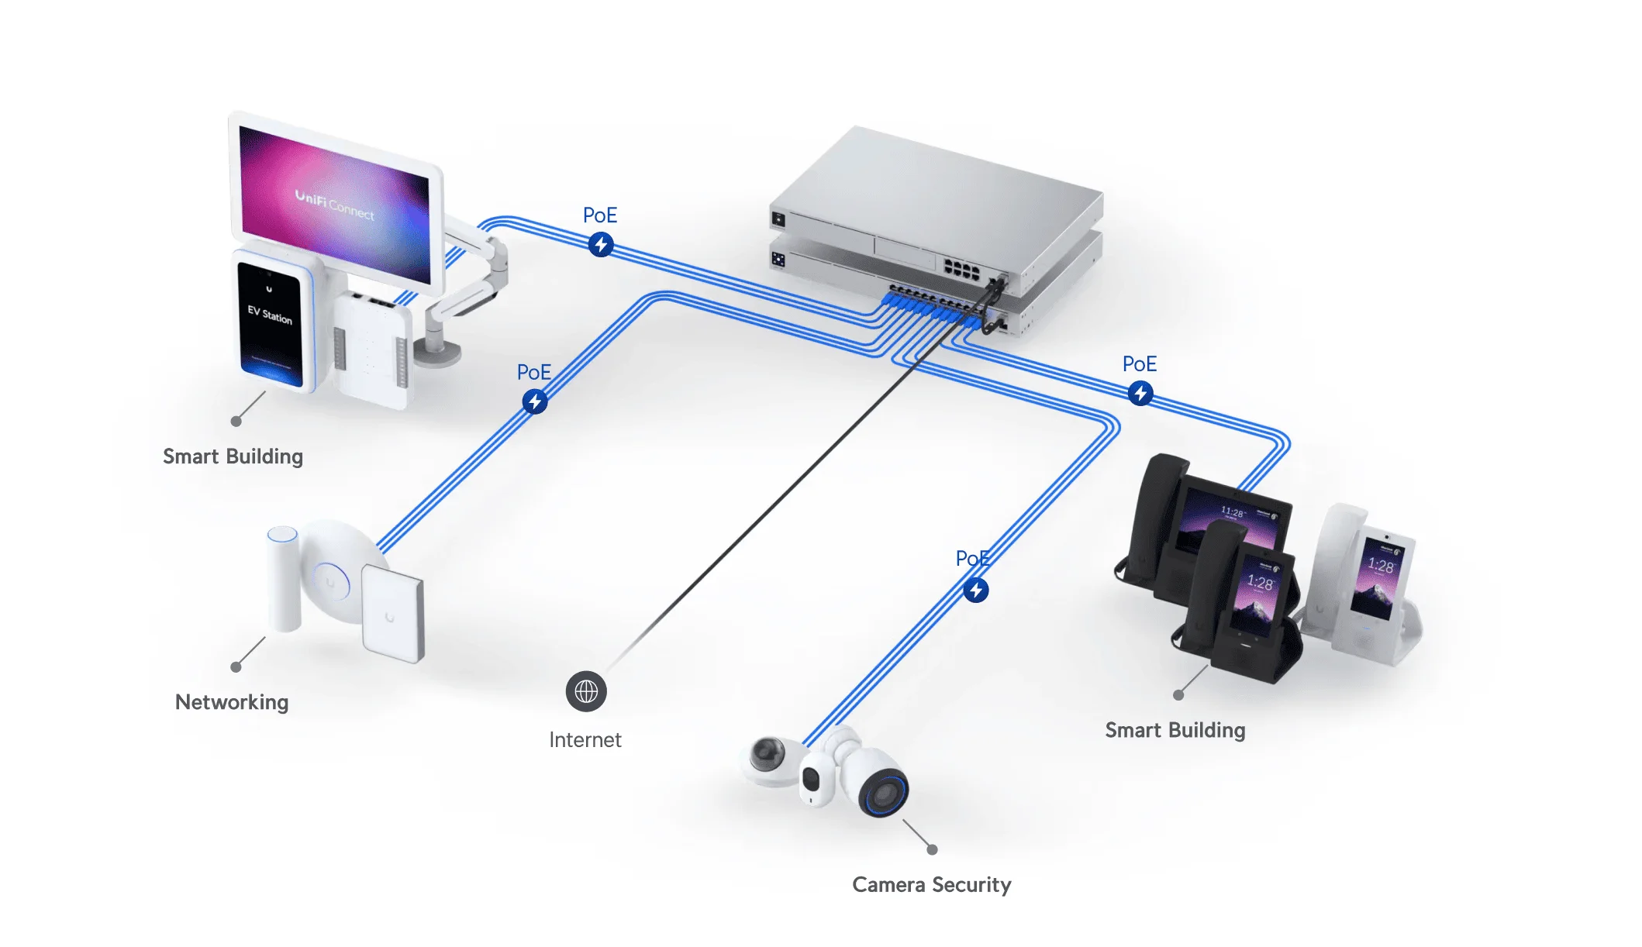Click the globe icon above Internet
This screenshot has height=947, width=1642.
point(586,691)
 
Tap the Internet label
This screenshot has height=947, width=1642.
point(585,740)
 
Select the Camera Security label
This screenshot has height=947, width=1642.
point(931,884)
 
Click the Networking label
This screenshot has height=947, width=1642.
point(232,702)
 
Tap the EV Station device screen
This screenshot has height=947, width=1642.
point(270,322)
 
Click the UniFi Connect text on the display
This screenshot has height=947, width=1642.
point(335,205)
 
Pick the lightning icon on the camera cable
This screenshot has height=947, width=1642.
point(976,591)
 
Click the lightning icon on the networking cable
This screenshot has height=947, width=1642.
point(534,401)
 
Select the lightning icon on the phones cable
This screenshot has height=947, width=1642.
point(1140,394)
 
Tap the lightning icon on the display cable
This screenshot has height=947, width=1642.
point(601,245)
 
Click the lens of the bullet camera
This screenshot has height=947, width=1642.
point(884,794)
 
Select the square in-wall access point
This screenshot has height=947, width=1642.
point(392,611)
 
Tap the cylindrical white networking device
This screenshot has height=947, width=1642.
point(283,577)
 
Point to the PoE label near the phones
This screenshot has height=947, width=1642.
point(1139,364)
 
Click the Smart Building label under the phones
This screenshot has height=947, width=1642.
point(1175,730)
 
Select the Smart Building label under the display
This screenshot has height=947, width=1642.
point(233,456)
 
